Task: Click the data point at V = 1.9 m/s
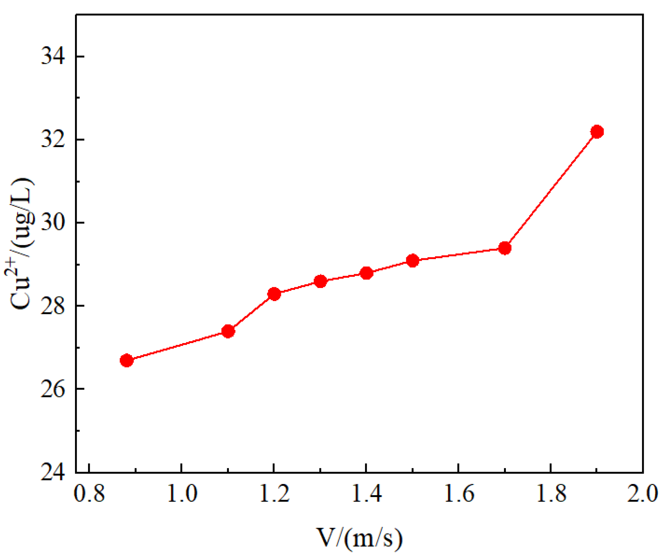597,132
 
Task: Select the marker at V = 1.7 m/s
504,248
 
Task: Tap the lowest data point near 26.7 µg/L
127,360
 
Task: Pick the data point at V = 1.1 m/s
228,331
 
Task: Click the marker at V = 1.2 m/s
274,294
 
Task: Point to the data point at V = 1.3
320,281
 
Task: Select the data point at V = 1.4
366,273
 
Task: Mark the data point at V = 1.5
412,261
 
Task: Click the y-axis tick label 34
53,57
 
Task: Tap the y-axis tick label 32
53,140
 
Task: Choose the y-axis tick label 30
53,223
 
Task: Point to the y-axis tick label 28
53,306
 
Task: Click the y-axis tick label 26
53,389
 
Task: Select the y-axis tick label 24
53,472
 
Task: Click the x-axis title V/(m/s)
359,538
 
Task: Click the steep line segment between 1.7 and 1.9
551,190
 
